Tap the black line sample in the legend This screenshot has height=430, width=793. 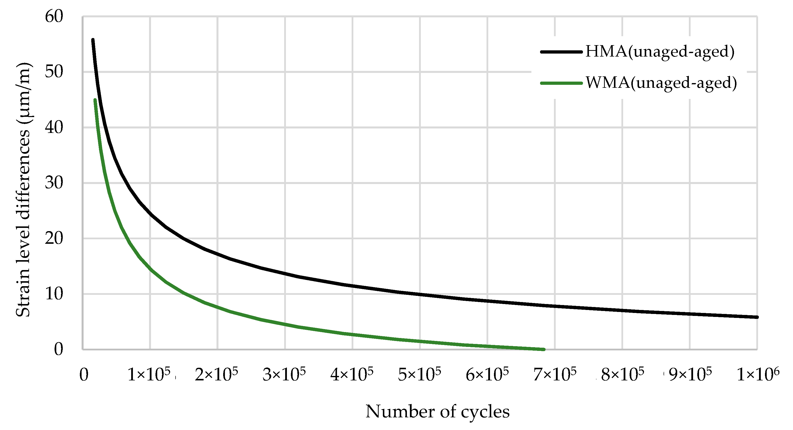click(x=561, y=52)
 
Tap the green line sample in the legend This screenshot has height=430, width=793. click(x=561, y=83)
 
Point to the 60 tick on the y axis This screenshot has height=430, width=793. click(x=54, y=16)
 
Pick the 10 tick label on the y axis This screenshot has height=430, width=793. click(x=54, y=294)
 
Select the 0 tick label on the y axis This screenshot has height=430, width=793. click(x=59, y=349)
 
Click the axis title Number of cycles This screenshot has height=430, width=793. click(x=437, y=412)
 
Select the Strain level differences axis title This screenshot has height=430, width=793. click(x=23, y=189)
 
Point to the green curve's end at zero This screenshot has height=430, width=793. click(x=544, y=349)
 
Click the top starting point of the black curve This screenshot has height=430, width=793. click(x=93, y=40)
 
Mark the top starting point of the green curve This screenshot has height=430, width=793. click(x=95, y=100)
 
